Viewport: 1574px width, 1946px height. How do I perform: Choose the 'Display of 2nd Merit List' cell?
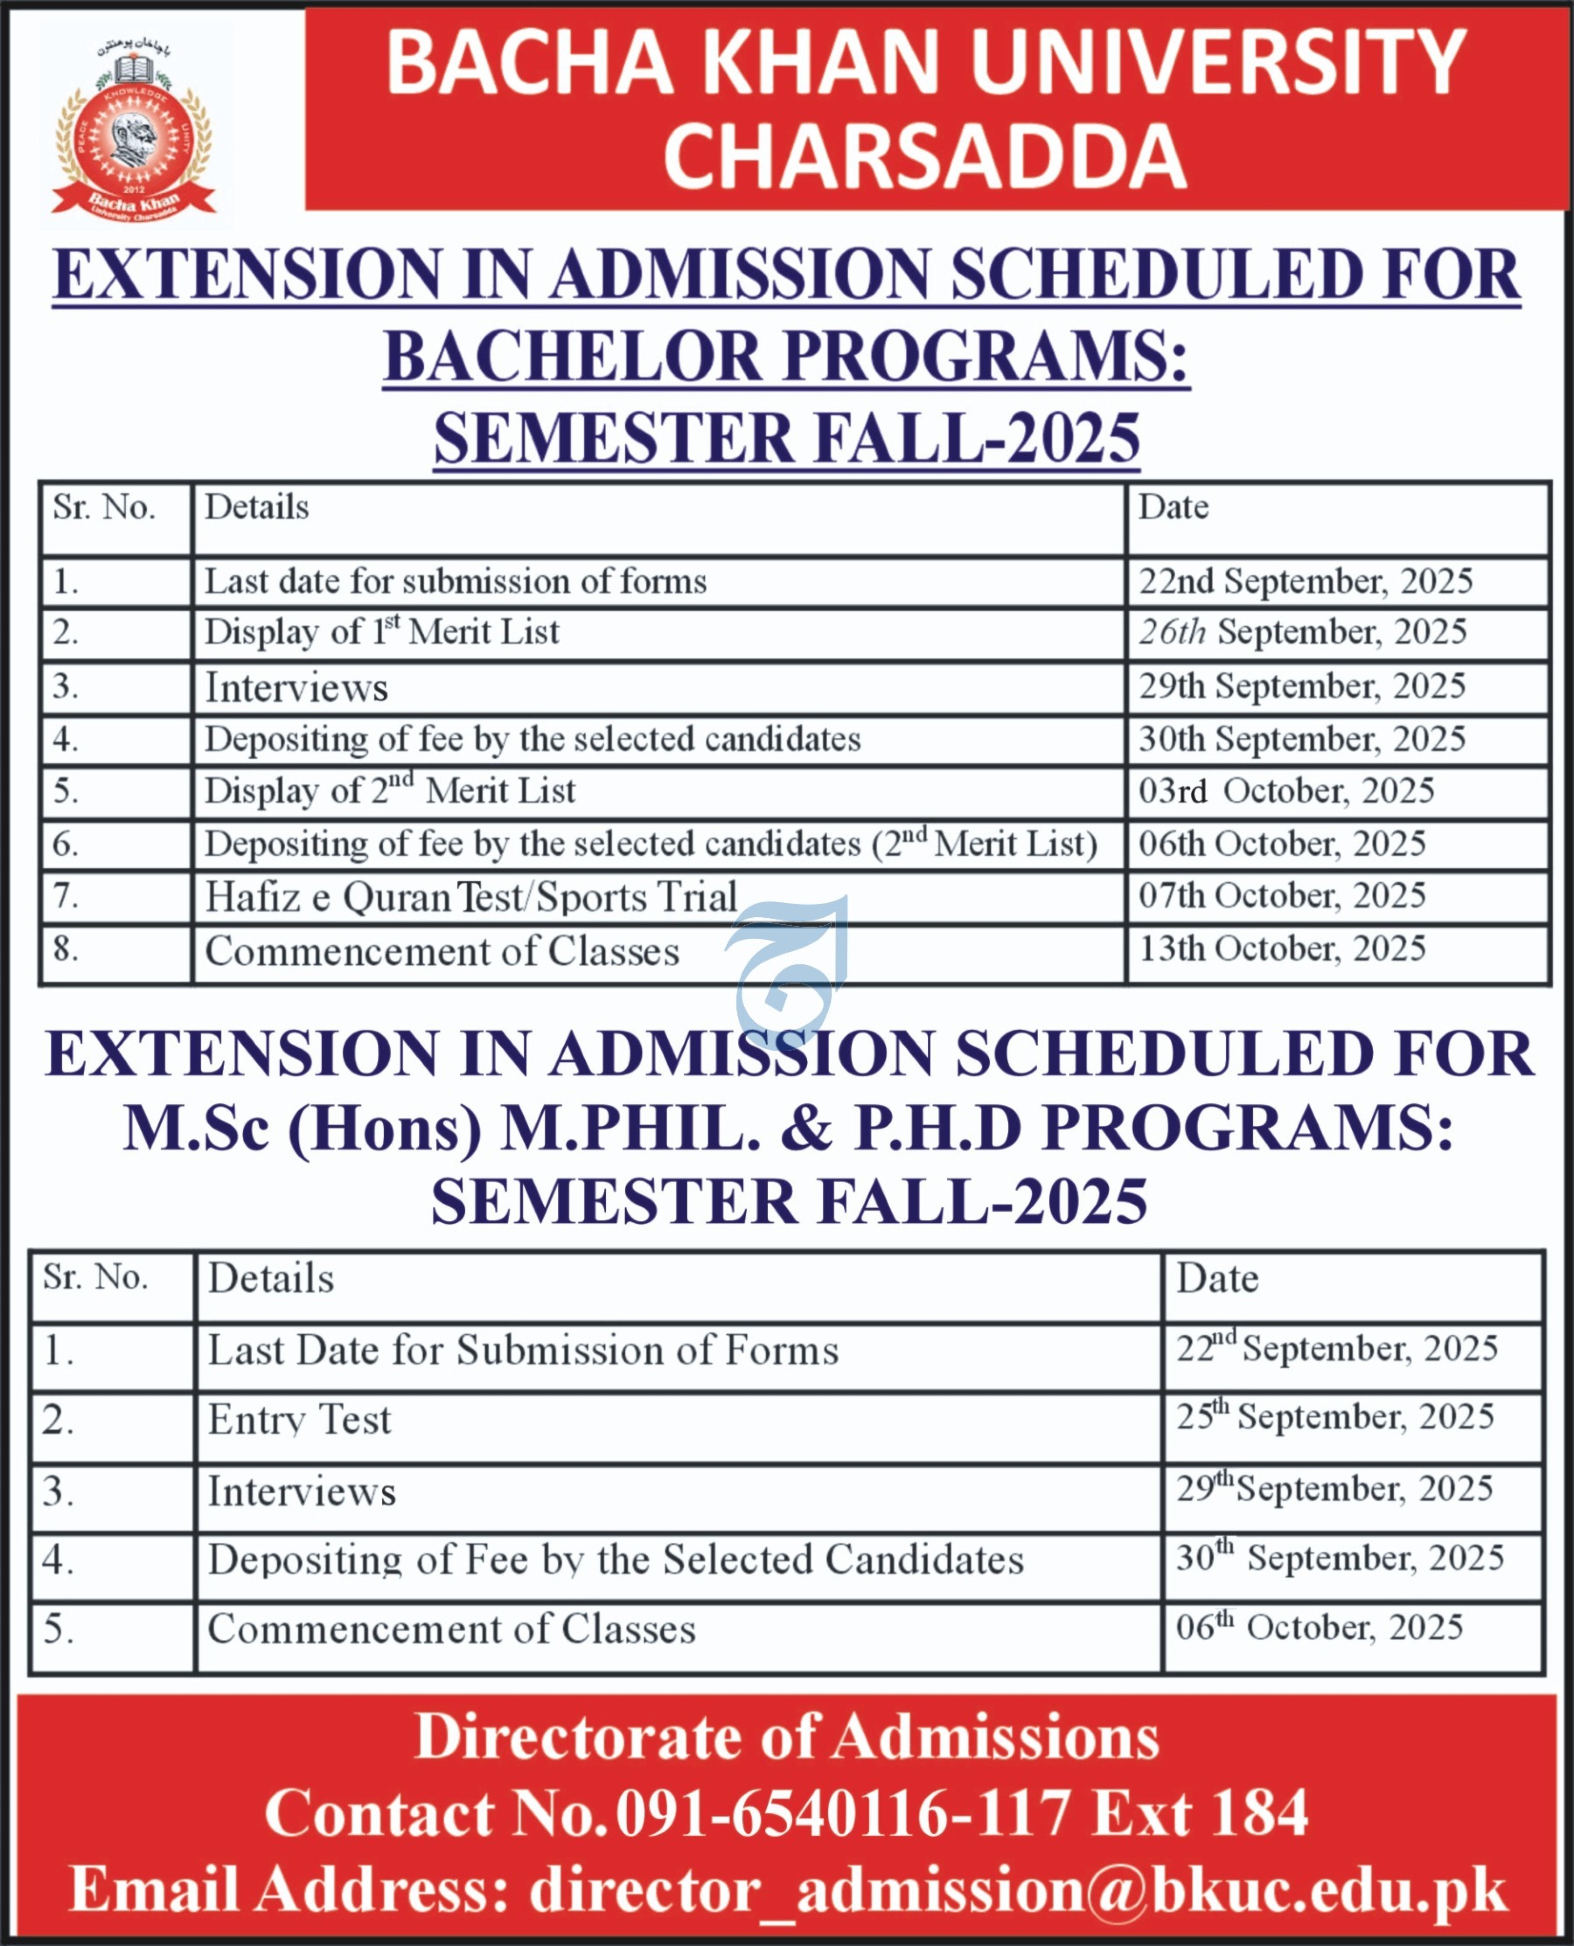click(x=390, y=791)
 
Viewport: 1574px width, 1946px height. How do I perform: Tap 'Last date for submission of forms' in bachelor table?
click(x=455, y=582)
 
